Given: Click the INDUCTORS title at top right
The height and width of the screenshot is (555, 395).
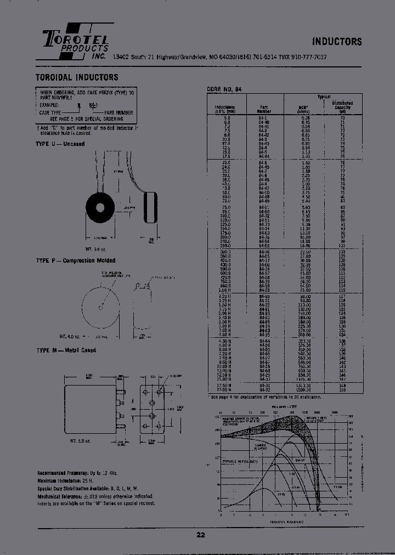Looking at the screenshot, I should click(337, 42).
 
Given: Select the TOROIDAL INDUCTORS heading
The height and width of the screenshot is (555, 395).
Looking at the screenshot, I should click(77, 77).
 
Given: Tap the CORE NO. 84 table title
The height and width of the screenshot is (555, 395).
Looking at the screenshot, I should click(224, 89).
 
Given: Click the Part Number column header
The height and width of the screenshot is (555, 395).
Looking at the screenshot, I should click(264, 109).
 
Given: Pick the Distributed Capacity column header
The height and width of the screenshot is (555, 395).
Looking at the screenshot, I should click(343, 105).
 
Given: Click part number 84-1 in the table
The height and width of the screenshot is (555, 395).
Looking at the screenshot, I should click(264, 117).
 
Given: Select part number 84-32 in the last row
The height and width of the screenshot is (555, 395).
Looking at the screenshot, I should click(264, 390).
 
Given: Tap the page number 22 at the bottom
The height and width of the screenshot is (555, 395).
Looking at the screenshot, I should click(201, 535).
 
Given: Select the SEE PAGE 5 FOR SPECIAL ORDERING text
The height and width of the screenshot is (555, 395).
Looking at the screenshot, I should click(87, 118).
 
